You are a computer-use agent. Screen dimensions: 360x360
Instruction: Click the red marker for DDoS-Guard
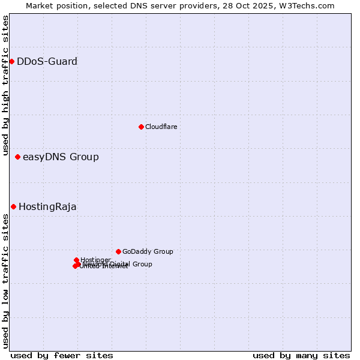coord(11,61)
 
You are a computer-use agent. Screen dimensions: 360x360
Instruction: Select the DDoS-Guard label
coord(47,61)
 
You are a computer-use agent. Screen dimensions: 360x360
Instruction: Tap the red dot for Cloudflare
coord(141,127)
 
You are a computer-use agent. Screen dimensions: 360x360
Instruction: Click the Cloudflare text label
coord(161,127)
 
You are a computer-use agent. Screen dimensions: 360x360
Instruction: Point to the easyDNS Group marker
coord(17,157)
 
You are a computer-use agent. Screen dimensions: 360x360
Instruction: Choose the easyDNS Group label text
coord(61,157)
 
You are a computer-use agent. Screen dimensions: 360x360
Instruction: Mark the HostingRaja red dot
coord(13,206)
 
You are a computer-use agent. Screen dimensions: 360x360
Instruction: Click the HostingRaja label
coord(47,207)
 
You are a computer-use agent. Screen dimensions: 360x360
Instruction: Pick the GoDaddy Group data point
coord(118,251)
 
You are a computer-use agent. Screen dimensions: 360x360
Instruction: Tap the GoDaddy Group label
coord(148,252)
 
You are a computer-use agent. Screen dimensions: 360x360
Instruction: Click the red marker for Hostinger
coord(76,260)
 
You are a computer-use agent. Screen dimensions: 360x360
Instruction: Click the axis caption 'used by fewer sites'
coord(62,355)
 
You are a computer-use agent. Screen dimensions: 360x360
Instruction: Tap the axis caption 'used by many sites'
coord(301,355)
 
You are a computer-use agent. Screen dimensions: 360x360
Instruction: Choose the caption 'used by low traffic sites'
coord(5,281)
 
